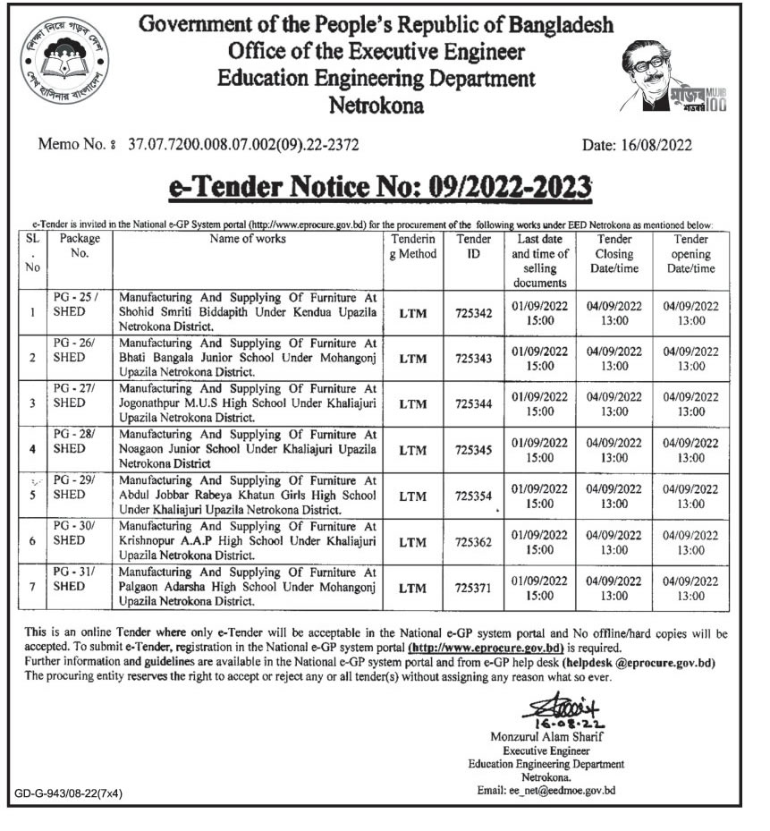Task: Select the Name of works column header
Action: (x=247, y=240)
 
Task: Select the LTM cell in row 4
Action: (x=413, y=450)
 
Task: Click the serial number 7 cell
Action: (x=32, y=587)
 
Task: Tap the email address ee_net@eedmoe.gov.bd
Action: (x=546, y=790)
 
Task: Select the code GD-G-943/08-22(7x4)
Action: (x=68, y=793)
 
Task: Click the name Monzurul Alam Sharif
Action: (x=546, y=736)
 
